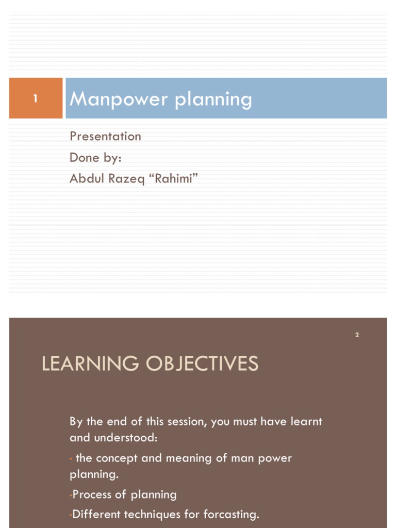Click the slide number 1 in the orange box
pyautogui.click(x=36, y=98)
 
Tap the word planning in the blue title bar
pyautogui.click(x=213, y=100)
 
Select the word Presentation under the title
pyautogui.click(x=105, y=136)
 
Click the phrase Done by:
pyautogui.click(x=95, y=157)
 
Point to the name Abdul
pyautogui.click(x=86, y=178)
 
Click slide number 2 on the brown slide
pyautogui.click(x=357, y=335)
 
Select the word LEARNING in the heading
pyautogui.click(x=90, y=364)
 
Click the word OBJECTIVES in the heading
pyautogui.click(x=202, y=364)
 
